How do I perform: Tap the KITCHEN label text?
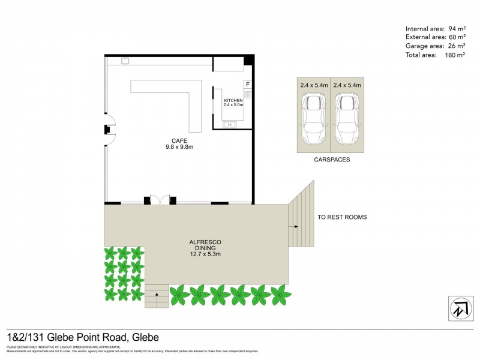[233, 100]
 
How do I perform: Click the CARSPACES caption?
[331, 161]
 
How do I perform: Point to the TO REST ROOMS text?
[342, 217]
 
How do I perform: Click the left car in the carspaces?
[313, 119]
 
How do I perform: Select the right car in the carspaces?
[348, 119]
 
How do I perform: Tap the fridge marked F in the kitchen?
[247, 85]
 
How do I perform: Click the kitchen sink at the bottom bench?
[229, 125]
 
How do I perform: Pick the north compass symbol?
[460, 308]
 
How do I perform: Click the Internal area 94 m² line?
[435, 29]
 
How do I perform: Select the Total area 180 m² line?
[435, 55]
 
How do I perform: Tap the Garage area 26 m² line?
[435, 46]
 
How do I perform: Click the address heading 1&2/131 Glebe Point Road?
[83, 338]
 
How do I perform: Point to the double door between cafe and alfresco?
[159, 200]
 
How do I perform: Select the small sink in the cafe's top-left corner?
[125, 60]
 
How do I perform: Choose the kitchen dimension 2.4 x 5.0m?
[233, 105]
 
